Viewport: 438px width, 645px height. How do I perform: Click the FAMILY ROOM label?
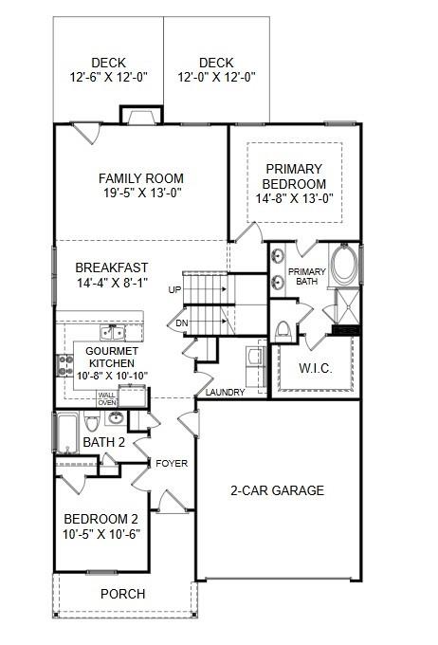tap(141, 178)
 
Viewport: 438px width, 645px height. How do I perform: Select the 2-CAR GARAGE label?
tap(277, 490)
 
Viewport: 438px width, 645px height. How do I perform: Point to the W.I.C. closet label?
tap(315, 368)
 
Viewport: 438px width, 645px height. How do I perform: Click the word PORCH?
tap(123, 594)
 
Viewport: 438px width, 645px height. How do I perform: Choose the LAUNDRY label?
tap(226, 393)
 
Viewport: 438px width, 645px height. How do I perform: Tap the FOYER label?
tap(173, 463)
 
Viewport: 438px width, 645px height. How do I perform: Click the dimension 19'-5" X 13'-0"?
tap(141, 193)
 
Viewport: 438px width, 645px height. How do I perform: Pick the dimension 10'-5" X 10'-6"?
tap(101, 533)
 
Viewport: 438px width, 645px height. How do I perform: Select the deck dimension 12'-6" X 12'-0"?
tap(109, 77)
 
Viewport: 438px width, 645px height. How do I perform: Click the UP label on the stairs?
tap(174, 289)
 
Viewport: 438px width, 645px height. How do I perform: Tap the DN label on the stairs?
tap(181, 323)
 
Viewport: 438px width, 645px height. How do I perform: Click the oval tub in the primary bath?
tap(344, 264)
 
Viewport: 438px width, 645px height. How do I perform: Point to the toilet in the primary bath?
tap(282, 329)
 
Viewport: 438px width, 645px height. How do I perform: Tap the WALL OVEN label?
tap(107, 398)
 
